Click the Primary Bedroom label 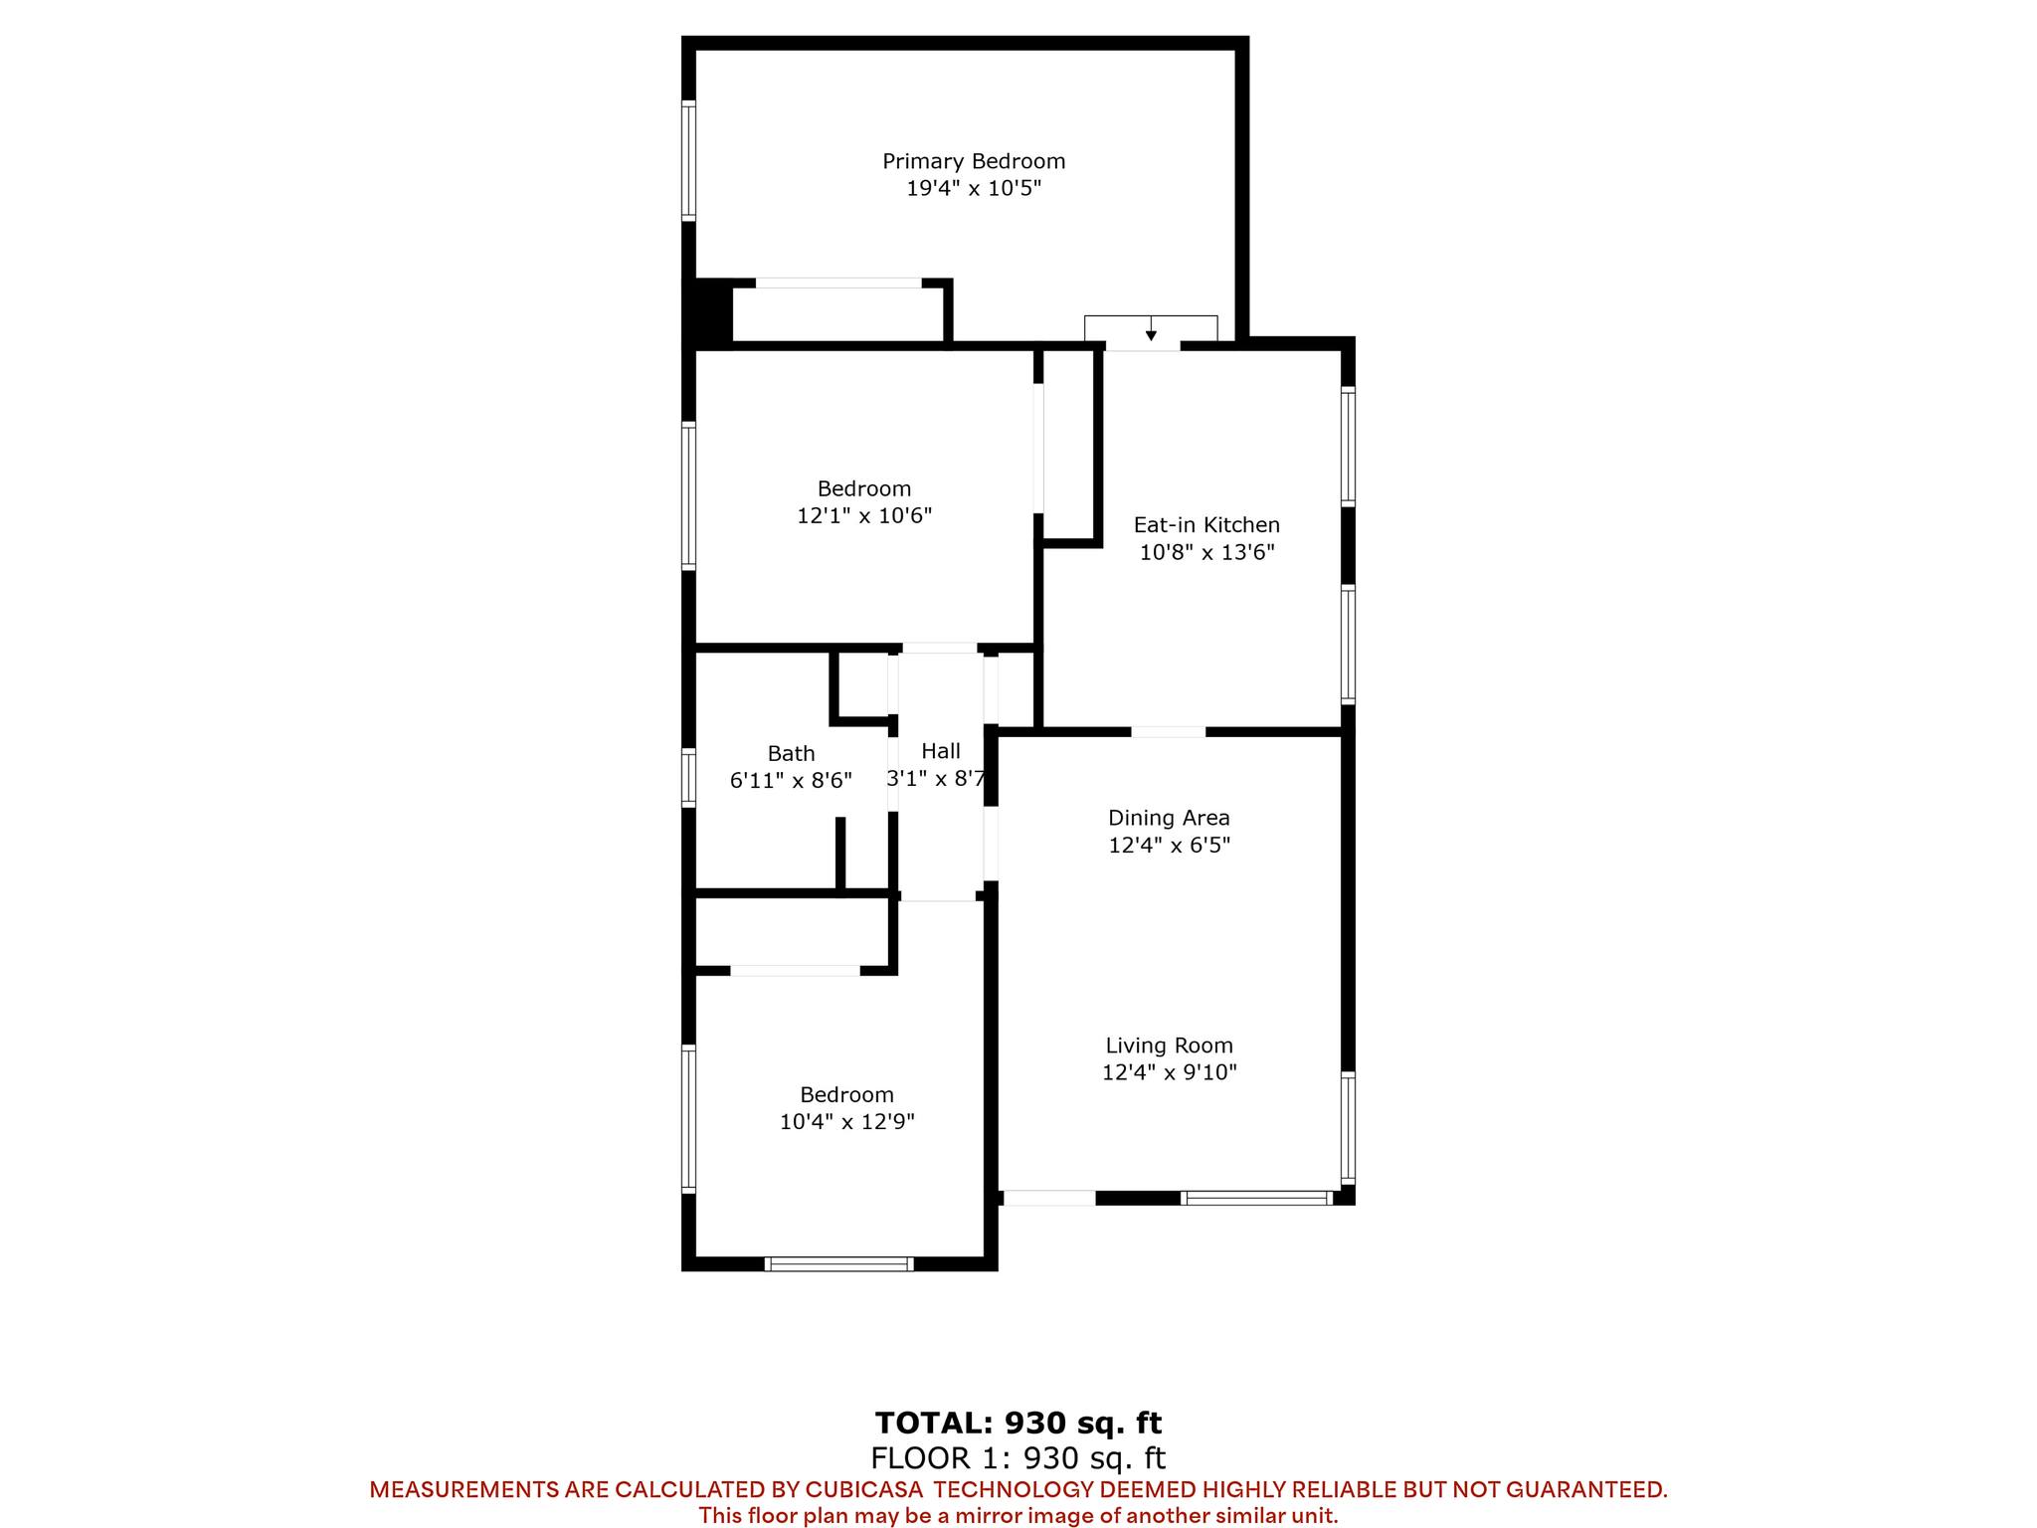coord(974,161)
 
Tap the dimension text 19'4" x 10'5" coord(974,188)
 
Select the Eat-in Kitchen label coord(1206,524)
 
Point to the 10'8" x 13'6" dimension coord(1206,552)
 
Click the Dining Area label coord(1169,818)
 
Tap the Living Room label coord(1169,1046)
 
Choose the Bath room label coord(791,754)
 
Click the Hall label coord(941,751)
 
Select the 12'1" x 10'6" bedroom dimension coord(864,515)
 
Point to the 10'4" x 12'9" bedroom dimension coord(846,1122)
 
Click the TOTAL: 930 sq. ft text coord(1018,1424)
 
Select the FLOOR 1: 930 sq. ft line coord(1018,1458)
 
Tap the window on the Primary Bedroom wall coord(687,159)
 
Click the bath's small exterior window coord(687,777)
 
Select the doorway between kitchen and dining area coord(1169,732)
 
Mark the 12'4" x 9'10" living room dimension coord(1169,1072)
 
